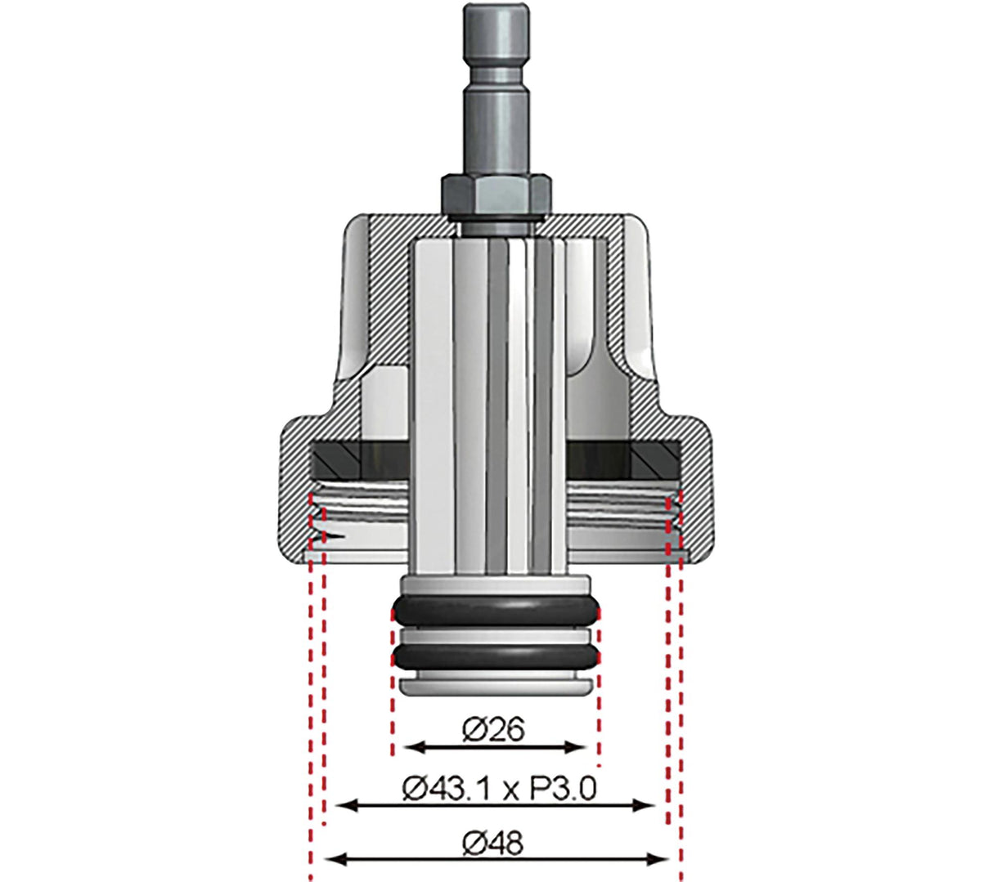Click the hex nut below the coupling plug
coord(495,195)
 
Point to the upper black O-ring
coord(496,610)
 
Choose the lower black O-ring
coord(496,655)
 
